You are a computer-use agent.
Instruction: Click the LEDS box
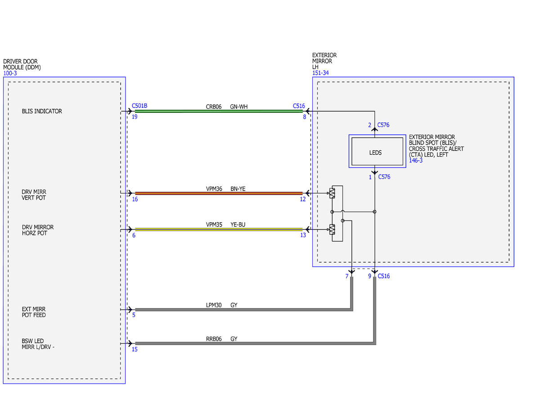click(x=377, y=151)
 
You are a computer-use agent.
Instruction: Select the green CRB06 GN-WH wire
click(x=219, y=111)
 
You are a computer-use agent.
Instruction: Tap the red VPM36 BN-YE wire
click(x=219, y=193)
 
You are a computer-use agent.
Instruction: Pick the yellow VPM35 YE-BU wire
click(x=219, y=229)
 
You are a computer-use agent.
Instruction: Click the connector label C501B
click(x=139, y=106)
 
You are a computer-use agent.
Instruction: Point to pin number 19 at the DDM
click(x=135, y=117)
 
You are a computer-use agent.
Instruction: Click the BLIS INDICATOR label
click(x=42, y=111)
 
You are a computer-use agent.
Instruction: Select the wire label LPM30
click(x=213, y=305)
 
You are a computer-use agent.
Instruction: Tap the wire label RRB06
click(x=214, y=339)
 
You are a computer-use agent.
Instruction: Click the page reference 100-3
click(x=10, y=73)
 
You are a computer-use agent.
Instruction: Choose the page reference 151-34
click(x=320, y=73)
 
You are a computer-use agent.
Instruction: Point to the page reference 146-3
click(x=415, y=161)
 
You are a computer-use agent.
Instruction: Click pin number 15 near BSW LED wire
click(x=135, y=349)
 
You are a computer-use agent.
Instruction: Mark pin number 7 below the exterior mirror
click(x=346, y=276)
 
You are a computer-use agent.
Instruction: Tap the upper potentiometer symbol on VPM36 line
click(x=332, y=193)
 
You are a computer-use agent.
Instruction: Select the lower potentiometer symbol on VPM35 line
click(x=332, y=229)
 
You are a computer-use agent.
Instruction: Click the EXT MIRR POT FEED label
click(x=34, y=312)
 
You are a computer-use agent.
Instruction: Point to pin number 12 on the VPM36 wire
click(x=303, y=199)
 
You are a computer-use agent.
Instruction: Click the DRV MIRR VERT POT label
click(x=34, y=195)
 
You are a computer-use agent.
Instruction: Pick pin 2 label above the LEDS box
click(x=369, y=125)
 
